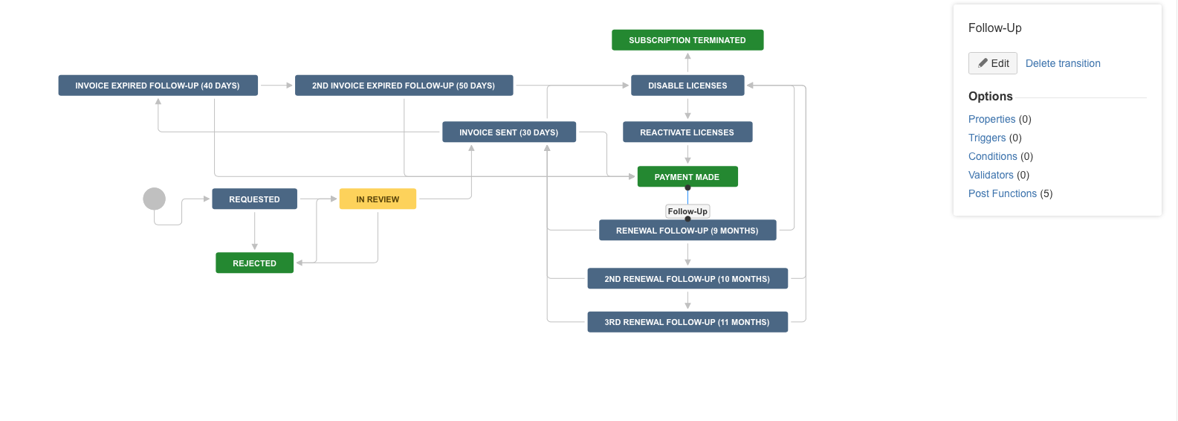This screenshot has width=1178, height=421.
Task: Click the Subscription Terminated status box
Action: tap(687, 40)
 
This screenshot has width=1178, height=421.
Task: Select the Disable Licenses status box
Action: tap(687, 86)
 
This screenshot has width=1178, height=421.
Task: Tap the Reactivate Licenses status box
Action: tap(687, 132)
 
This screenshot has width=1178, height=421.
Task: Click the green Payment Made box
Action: tap(687, 177)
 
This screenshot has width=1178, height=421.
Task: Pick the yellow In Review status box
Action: tap(378, 199)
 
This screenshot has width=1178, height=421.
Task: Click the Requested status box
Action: tap(254, 199)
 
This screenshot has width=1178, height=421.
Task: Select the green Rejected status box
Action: tap(254, 263)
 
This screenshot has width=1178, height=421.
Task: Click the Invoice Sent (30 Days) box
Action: tap(509, 132)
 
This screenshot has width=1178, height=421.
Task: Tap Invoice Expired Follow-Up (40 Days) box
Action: tap(158, 86)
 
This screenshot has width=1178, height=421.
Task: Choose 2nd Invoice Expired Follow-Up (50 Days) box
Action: tap(404, 86)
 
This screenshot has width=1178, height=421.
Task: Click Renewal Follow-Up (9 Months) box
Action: tap(687, 231)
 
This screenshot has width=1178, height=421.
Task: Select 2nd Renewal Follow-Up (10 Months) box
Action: tap(687, 278)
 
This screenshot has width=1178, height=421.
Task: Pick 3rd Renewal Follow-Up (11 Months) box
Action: tap(687, 321)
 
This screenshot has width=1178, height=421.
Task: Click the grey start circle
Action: tap(154, 199)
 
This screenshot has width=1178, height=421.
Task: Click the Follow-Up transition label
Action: tap(687, 211)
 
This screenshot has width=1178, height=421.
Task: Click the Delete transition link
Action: tap(1063, 63)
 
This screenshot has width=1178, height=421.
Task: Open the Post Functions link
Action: tap(1003, 193)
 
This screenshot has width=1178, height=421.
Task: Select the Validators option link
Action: tap(991, 175)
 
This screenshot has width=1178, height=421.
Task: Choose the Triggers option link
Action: tap(987, 138)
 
